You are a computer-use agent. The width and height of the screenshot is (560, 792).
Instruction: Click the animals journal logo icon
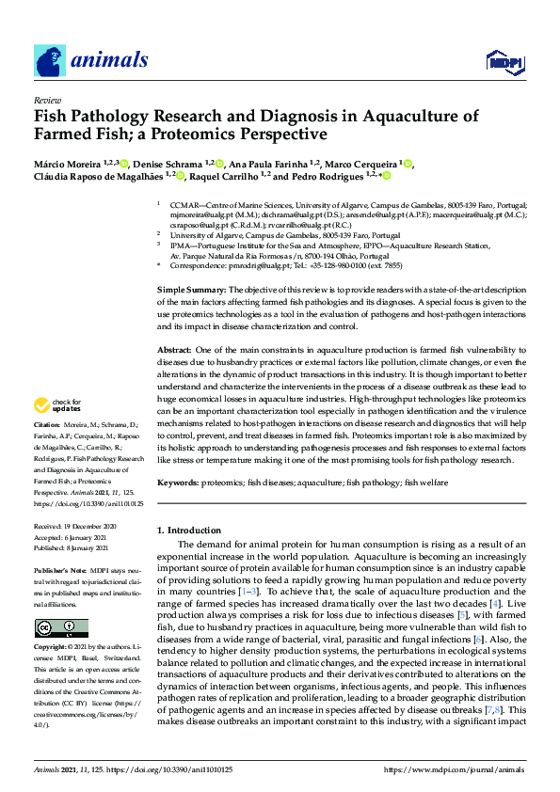(x=49, y=62)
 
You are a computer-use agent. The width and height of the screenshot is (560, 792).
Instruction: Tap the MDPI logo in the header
(x=503, y=63)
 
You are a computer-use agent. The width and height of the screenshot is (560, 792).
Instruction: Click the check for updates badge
(x=58, y=406)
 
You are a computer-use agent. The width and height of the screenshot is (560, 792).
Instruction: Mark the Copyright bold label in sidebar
(x=55, y=648)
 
